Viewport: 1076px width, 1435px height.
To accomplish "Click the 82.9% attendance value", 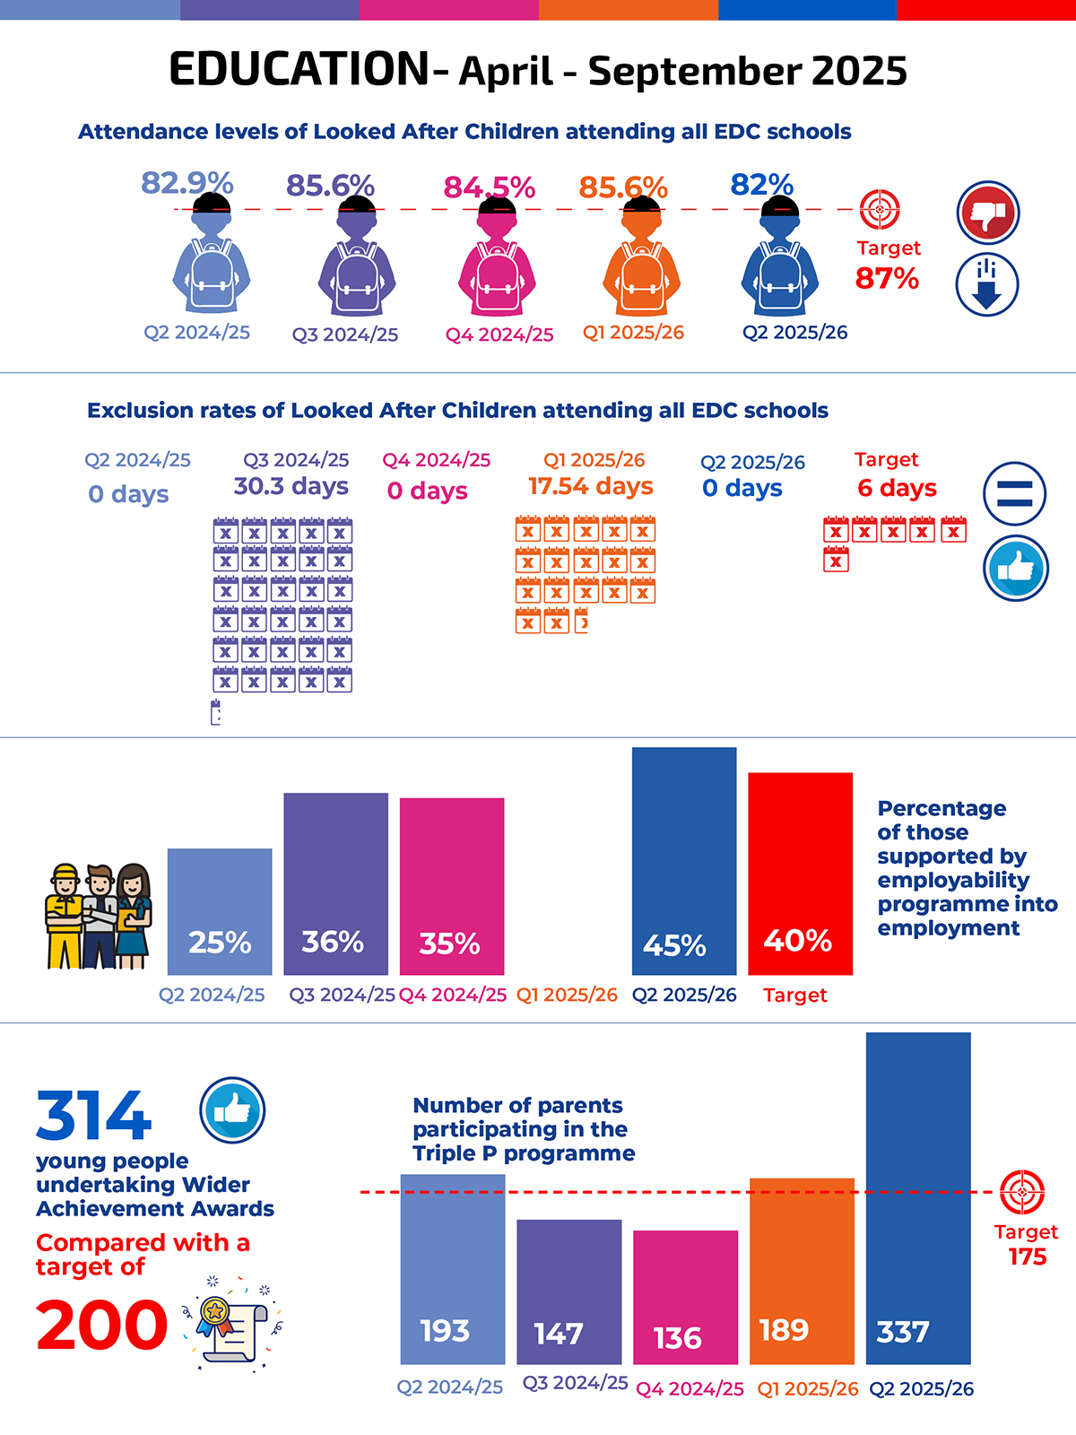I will (187, 183).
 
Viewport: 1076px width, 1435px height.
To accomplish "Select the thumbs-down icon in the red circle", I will (988, 213).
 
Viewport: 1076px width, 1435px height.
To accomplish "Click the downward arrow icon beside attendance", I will (986, 284).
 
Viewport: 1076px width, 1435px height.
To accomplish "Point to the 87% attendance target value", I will (887, 279).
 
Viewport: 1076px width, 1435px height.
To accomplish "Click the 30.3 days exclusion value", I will (291, 486).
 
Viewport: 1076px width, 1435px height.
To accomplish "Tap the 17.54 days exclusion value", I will (591, 486).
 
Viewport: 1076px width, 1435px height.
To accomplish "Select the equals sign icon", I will (1014, 493).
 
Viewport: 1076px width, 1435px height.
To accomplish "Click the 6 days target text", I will (897, 488).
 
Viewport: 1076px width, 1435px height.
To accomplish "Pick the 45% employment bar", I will (684, 861).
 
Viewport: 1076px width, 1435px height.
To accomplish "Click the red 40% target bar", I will (800, 874).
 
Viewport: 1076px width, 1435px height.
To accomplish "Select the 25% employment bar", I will (220, 911).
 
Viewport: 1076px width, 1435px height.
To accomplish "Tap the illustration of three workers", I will (99, 917).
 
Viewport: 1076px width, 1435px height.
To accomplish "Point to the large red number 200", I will (101, 1326).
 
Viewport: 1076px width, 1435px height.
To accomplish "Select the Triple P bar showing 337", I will (918, 1198).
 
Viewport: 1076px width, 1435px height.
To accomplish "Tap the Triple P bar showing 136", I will (686, 1297).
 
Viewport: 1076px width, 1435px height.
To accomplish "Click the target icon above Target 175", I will (1022, 1192).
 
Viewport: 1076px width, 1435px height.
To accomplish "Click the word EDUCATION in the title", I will (299, 70).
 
